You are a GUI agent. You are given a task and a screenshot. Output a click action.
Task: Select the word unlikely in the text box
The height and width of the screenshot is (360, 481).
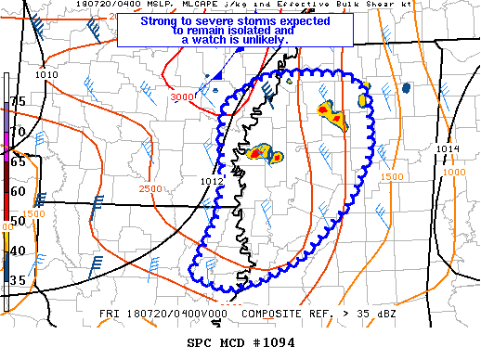click(x=264, y=40)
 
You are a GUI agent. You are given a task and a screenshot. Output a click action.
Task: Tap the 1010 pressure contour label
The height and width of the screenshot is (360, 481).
click(x=45, y=74)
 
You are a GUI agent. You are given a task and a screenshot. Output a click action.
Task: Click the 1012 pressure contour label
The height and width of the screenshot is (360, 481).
click(x=213, y=168)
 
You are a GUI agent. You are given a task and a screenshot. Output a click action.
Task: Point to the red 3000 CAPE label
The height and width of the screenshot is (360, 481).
click(x=182, y=96)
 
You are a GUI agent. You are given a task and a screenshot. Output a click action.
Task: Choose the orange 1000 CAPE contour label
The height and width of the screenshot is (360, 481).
click(x=454, y=172)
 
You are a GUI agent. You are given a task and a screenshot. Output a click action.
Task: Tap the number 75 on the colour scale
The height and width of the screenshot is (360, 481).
click(x=18, y=100)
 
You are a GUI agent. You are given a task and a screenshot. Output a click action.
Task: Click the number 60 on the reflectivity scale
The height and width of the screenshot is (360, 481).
click(x=18, y=191)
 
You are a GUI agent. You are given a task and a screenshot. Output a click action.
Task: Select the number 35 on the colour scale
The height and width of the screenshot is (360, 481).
click(x=18, y=279)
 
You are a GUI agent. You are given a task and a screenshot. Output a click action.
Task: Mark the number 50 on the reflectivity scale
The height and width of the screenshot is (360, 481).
click(x=18, y=221)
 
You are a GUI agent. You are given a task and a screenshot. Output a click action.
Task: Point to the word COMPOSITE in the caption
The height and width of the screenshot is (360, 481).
click(x=274, y=314)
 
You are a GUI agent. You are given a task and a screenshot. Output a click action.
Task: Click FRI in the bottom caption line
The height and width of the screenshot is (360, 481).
click(x=109, y=314)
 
